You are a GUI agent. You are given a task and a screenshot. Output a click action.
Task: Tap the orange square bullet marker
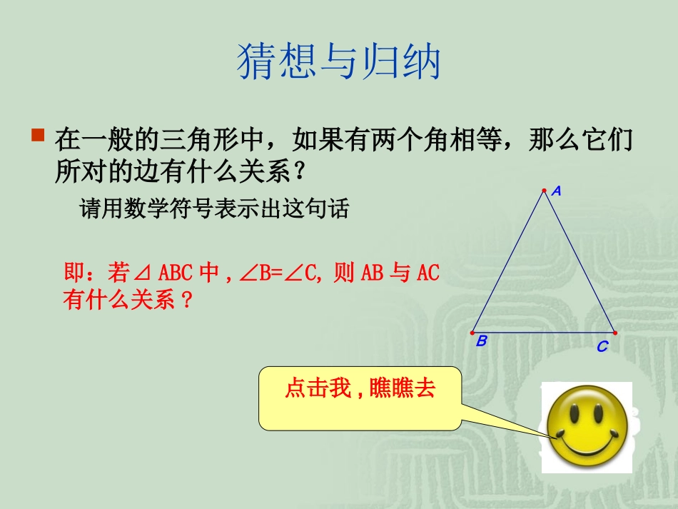pos(39,135)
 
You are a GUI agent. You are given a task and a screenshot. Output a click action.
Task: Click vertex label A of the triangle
pos(557,191)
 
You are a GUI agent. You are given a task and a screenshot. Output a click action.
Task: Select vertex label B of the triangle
pos(482,341)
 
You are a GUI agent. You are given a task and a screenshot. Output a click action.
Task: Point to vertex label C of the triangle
pos(602,348)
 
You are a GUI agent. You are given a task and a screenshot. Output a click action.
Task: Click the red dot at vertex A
pos(544,191)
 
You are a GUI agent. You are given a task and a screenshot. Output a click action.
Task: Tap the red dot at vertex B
pos(472,333)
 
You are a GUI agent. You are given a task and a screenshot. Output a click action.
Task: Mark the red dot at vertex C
pos(614,333)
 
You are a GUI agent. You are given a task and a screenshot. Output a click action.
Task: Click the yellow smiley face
pos(586,428)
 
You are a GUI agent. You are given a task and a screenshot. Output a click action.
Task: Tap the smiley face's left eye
pos(572,415)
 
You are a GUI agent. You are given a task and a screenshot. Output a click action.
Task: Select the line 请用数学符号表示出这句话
pos(214,209)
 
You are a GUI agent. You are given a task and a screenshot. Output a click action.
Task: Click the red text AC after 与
pos(427,273)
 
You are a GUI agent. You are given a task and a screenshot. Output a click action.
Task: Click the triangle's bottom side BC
pos(543,333)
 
